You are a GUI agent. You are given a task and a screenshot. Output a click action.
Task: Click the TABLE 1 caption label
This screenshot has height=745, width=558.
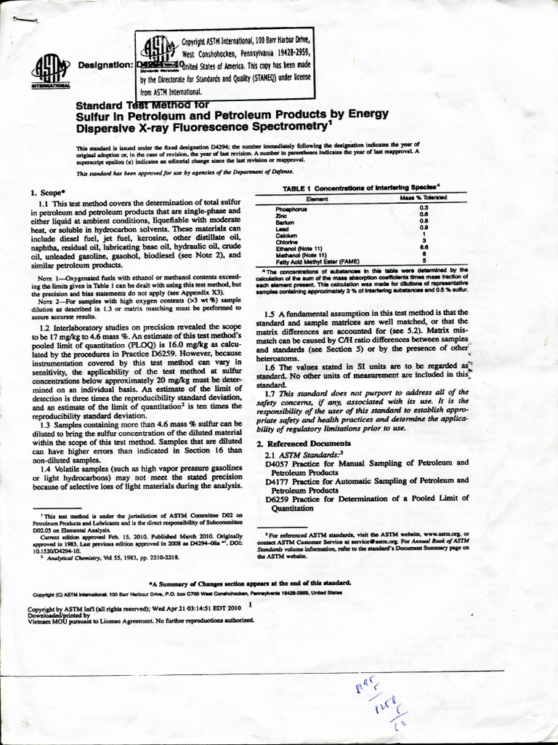click(x=290, y=188)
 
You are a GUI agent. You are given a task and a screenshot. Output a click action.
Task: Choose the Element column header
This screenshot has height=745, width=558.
click(x=318, y=198)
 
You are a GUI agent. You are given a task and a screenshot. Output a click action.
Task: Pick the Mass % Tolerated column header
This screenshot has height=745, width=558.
click(x=423, y=198)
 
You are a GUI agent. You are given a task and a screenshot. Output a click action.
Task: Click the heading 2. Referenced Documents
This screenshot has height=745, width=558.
click(x=303, y=443)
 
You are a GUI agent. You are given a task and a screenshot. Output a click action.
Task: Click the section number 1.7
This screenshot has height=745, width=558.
click(x=273, y=394)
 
